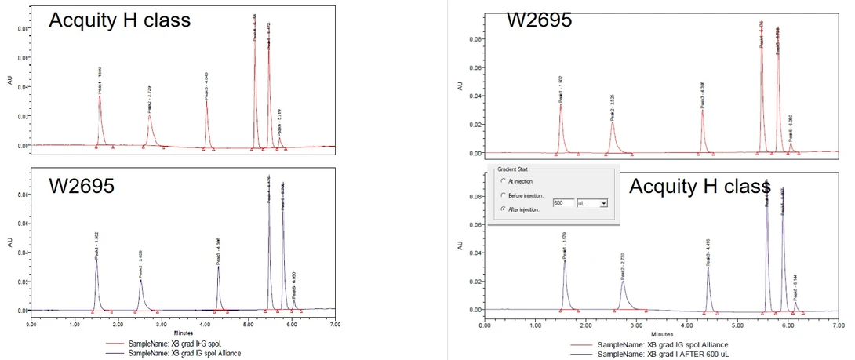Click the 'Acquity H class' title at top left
[119, 21]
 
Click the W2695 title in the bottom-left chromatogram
[82, 187]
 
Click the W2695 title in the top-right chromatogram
[540, 20]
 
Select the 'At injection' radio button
[502, 181]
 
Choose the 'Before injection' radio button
[502, 195]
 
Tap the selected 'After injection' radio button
[502, 210]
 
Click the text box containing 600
[562, 202]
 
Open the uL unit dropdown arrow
[602, 202]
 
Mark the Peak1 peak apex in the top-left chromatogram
[100, 96]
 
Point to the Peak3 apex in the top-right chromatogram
[702, 110]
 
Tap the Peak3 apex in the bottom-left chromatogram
[218, 267]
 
